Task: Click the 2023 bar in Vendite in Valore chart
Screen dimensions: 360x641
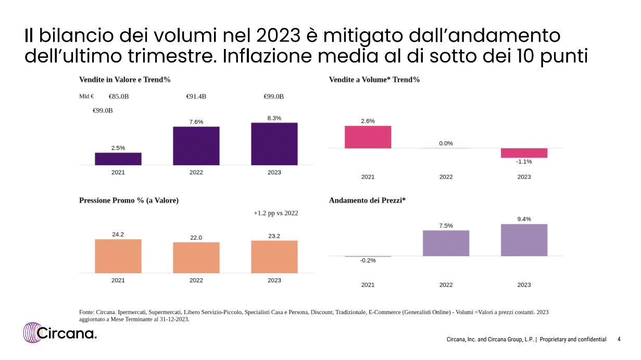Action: coord(274,144)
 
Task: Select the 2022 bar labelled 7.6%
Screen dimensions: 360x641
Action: coord(196,146)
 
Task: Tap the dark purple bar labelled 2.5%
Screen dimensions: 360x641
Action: coord(118,159)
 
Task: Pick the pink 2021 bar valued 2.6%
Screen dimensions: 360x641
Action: coord(368,137)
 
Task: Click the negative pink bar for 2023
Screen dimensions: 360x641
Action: coord(524,153)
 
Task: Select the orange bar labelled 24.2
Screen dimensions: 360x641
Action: coord(118,256)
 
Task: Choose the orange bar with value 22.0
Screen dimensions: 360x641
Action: coord(196,257)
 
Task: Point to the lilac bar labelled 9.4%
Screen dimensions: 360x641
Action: coord(524,240)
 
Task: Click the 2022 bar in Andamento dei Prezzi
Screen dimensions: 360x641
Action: coord(446,243)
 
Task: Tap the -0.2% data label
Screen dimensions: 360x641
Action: coord(368,260)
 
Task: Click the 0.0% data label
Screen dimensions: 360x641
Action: coord(446,143)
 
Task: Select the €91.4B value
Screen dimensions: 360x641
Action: coord(196,96)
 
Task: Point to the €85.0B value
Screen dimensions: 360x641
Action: coord(119,96)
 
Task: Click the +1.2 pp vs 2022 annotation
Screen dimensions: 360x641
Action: coord(276,213)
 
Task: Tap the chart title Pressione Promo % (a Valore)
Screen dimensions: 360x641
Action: coord(129,200)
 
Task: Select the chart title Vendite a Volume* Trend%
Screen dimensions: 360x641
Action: coord(374,80)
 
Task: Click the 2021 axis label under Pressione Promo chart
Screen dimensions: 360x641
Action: coord(118,280)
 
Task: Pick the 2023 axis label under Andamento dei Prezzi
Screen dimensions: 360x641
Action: coord(524,285)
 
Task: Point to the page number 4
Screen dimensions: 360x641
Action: coord(619,339)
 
